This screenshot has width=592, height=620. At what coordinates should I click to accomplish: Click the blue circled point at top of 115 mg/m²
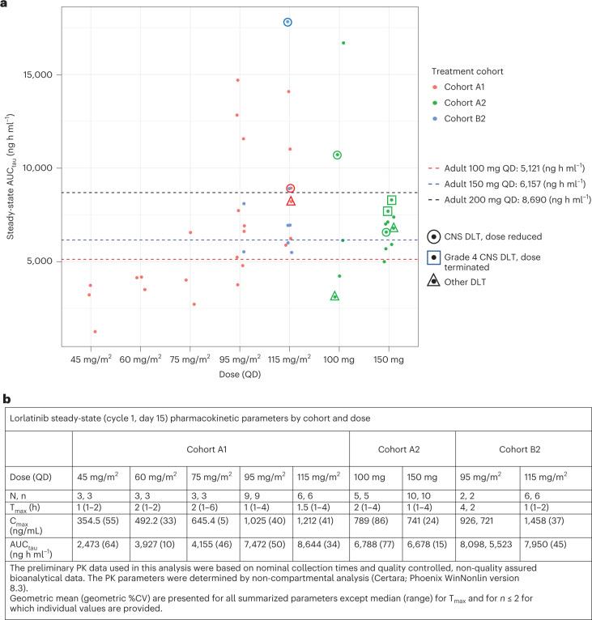(287, 22)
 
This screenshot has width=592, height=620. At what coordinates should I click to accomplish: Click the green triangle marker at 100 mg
(334, 296)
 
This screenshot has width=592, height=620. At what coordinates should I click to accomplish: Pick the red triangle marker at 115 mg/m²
(291, 201)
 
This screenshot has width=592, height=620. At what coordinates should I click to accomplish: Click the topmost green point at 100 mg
(343, 43)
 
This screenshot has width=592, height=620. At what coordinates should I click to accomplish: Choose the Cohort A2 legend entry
(466, 102)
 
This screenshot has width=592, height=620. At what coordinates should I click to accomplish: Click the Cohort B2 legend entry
(466, 118)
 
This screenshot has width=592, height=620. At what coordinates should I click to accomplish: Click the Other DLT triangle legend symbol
(435, 281)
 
